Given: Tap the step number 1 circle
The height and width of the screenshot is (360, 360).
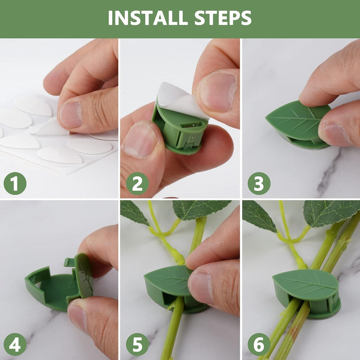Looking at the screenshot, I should (15, 184).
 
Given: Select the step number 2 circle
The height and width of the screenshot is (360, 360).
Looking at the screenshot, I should (137, 184).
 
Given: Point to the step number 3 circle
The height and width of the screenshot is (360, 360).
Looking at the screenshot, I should (259, 184).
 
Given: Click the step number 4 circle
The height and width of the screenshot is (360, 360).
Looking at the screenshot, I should (15, 345).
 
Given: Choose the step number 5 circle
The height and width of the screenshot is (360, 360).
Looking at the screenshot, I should (137, 345).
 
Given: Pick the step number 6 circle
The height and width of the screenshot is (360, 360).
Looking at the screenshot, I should (259, 345).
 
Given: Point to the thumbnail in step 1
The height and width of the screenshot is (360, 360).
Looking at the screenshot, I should (71, 115).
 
